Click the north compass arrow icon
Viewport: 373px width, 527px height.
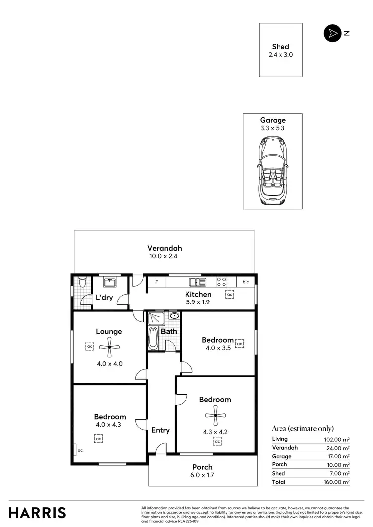(331, 33)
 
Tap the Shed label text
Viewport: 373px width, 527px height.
(280, 47)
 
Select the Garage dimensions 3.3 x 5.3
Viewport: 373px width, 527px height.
(273, 128)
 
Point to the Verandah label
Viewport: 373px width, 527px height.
(164, 248)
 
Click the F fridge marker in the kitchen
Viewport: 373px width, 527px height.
(157, 282)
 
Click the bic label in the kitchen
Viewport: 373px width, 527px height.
(245, 282)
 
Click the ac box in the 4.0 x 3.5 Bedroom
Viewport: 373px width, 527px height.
(239, 344)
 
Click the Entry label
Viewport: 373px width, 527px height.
(161, 430)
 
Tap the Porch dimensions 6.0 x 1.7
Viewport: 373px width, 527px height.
(202, 476)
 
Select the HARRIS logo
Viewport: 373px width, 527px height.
(37, 512)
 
